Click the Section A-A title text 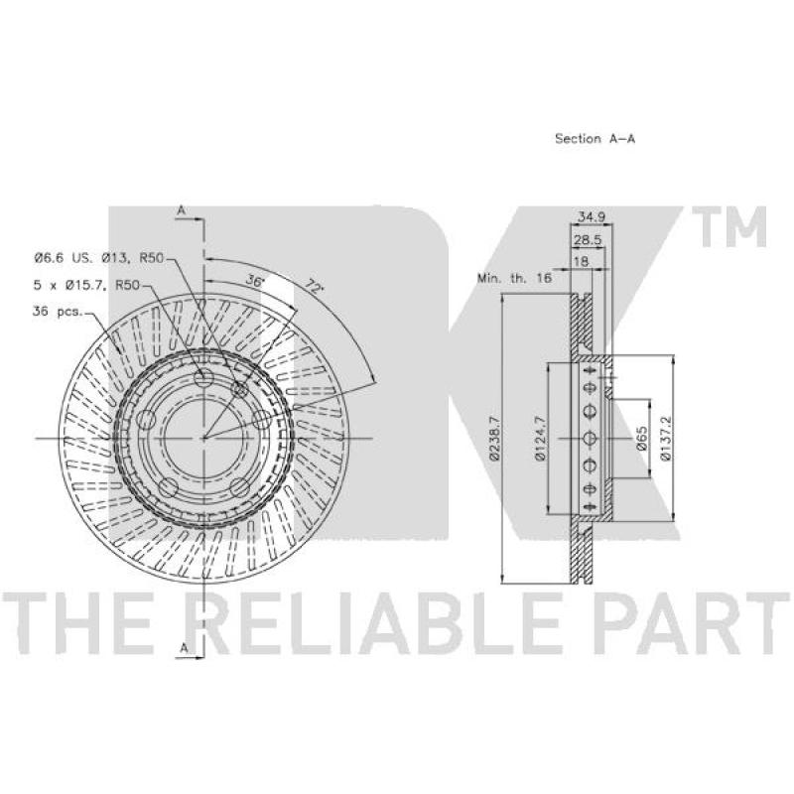pyautogui.click(x=594, y=139)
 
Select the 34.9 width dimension pyautogui.click(x=592, y=216)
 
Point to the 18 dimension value pyautogui.click(x=582, y=261)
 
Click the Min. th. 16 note pyautogui.click(x=514, y=279)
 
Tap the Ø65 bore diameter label pyautogui.click(x=642, y=440)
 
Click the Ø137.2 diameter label pyautogui.click(x=667, y=440)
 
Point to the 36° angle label pyautogui.click(x=256, y=282)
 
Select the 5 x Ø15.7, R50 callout pyautogui.click(x=87, y=285)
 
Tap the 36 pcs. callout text pyautogui.click(x=57, y=311)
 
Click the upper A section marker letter pyautogui.click(x=182, y=210)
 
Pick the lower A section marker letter pyautogui.click(x=182, y=648)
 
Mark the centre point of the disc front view pyautogui.click(x=203, y=438)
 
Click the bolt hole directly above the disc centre pyautogui.click(x=204, y=381)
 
